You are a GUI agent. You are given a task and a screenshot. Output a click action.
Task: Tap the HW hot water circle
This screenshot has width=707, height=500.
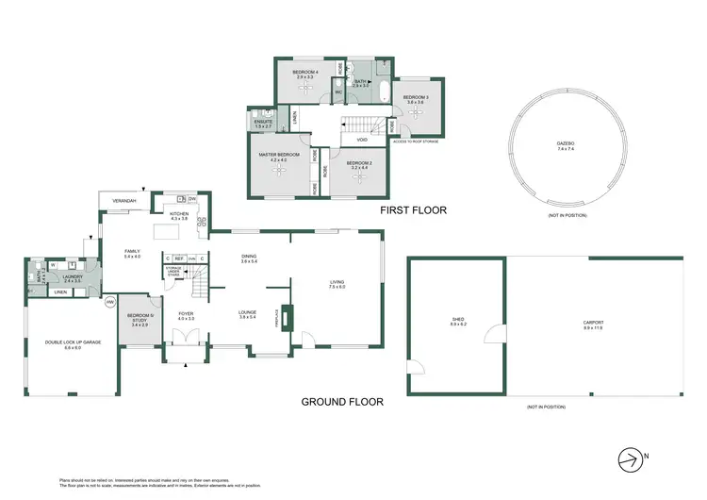110,302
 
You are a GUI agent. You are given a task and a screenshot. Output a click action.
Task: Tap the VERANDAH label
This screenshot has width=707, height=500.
124,201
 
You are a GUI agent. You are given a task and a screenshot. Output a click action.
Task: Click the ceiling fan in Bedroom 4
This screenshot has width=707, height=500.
304,87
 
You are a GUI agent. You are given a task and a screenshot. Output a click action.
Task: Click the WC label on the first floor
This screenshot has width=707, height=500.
338,92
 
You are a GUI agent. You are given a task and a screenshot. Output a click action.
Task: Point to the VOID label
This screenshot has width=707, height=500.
362,140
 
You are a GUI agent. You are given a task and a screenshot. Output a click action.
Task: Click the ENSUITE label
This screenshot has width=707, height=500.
263,123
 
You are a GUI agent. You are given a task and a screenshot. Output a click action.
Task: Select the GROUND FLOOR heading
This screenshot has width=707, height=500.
342,401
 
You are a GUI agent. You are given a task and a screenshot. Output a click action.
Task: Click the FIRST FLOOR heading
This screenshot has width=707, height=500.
412,210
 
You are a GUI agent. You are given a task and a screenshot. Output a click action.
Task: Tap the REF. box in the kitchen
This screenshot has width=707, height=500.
178,258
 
